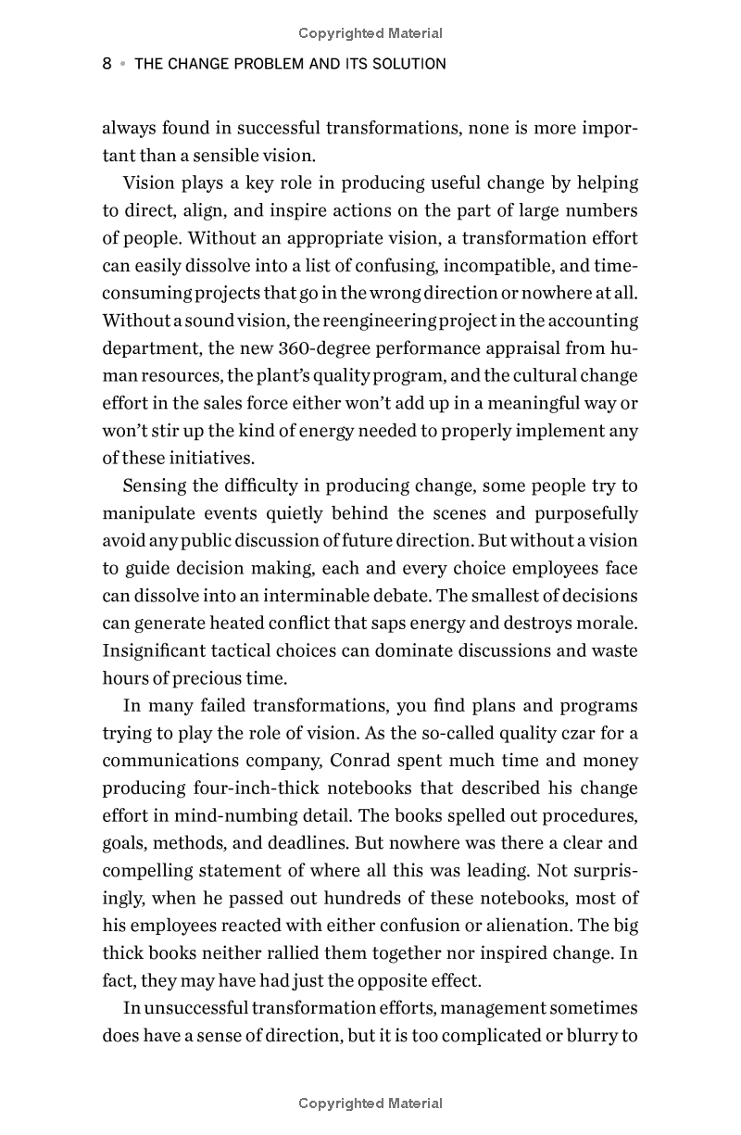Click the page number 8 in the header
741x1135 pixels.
point(107,64)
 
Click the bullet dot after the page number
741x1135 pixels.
point(121,64)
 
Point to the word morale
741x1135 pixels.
point(606,623)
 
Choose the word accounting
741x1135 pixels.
point(593,321)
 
